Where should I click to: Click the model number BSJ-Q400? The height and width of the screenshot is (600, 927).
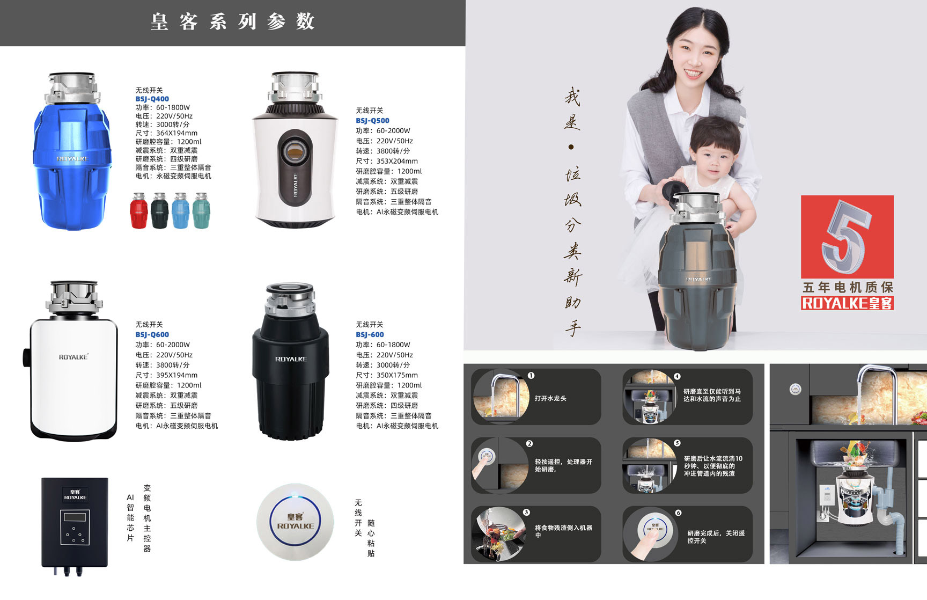(x=152, y=99)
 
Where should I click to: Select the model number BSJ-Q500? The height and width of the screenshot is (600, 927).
(x=372, y=121)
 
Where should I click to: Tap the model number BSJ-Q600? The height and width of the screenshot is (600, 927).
(x=152, y=334)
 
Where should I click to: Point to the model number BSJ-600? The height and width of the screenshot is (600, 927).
(x=370, y=334)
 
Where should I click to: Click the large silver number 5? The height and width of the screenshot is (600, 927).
(x=846, y=236)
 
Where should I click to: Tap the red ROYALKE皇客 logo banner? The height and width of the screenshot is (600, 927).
(x=847, y=303)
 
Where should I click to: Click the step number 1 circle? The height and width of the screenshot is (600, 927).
(x=531, y=376)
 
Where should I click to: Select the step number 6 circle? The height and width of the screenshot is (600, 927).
(x=678, y=513)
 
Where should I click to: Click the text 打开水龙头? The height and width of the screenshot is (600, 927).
(x=550, y=398)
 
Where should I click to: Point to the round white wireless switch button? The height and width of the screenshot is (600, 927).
(x=296, y=522)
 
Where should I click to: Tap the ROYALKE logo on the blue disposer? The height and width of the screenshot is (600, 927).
(x=73, y=159)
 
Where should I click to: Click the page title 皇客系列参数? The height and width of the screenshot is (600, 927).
(x=233, y=22)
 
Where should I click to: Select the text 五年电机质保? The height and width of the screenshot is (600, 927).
(x=848, y=287)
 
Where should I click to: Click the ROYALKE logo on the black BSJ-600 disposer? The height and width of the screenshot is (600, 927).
(x=291, y=359)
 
